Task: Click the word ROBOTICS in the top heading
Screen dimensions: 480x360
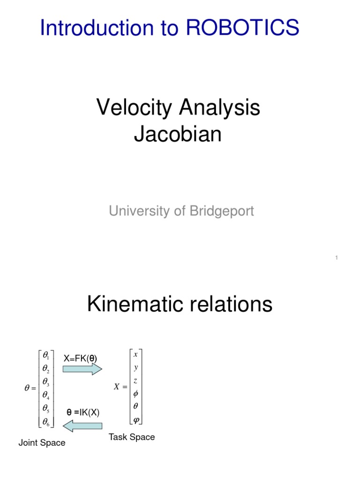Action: tap(243, 28)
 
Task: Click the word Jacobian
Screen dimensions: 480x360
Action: tap(178, 135)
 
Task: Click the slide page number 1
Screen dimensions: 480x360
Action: tap(337, 257)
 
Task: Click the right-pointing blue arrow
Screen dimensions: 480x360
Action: tap(82, 369)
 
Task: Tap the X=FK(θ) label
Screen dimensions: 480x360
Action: tap(80, 359)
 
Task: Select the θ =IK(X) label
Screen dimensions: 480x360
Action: tap(82, 412)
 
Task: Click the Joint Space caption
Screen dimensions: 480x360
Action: tap(42, 443)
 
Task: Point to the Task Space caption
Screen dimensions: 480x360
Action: tap(132, 437)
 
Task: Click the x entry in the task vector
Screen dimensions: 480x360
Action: tap(135, 355)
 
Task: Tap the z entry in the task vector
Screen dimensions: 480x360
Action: tap(135, 381)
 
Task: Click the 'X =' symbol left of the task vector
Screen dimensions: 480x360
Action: tap(120, 387)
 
